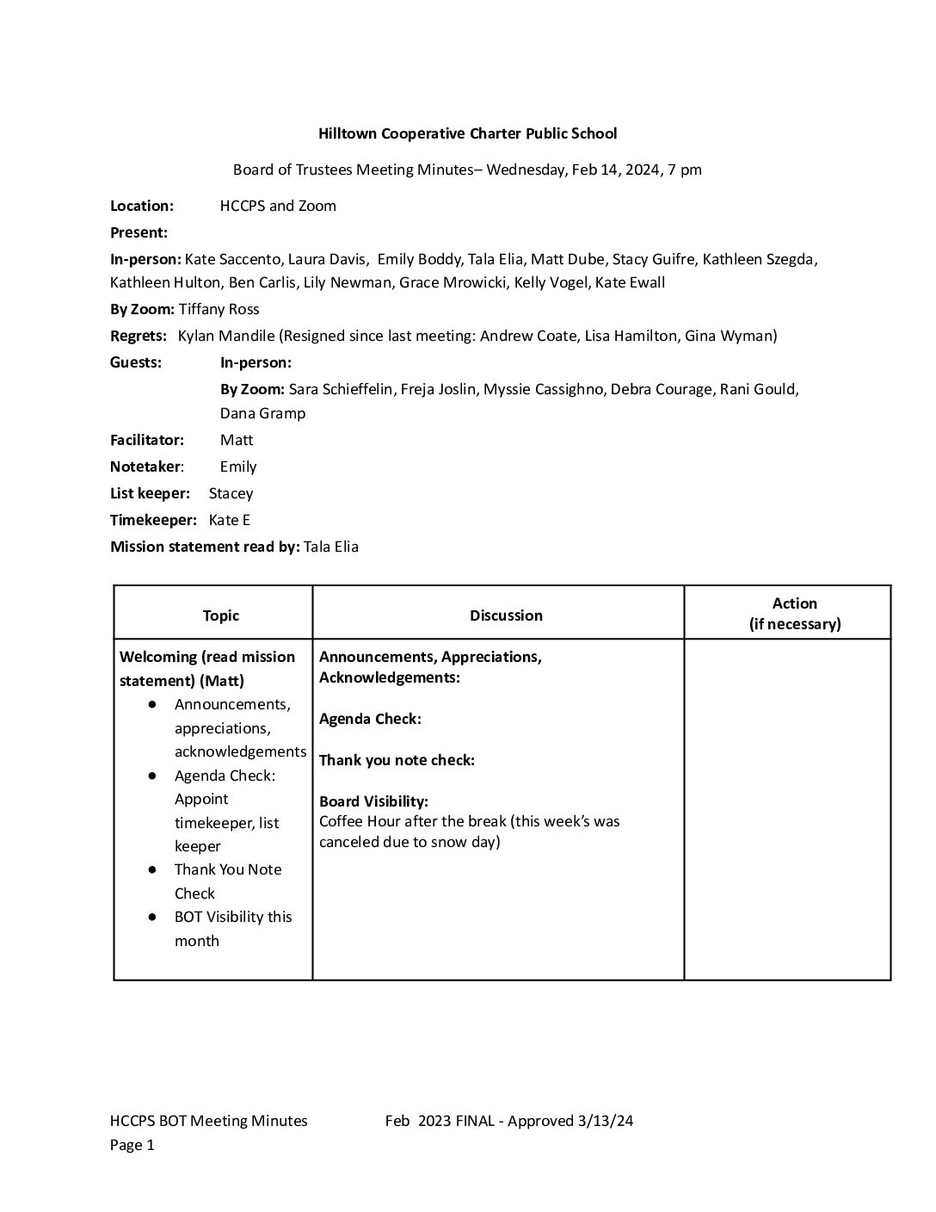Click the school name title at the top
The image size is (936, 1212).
467,133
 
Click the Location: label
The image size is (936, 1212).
142,206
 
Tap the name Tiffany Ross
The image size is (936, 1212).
219,309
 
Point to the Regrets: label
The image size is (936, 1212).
139,336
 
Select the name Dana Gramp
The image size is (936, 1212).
262,413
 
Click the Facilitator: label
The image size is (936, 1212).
147,440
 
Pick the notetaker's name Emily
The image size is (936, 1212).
238,467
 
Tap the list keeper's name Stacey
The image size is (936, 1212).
231,493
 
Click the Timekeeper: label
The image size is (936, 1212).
154,520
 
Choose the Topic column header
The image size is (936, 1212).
221,615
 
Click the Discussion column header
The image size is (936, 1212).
506,615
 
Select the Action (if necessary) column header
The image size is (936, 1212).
794,614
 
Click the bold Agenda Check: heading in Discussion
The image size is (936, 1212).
370,719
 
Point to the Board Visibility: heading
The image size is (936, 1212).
373,801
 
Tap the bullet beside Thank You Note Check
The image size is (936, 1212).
152,870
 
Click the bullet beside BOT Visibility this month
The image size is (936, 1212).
152,918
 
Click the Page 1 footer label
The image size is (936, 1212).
132,1145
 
